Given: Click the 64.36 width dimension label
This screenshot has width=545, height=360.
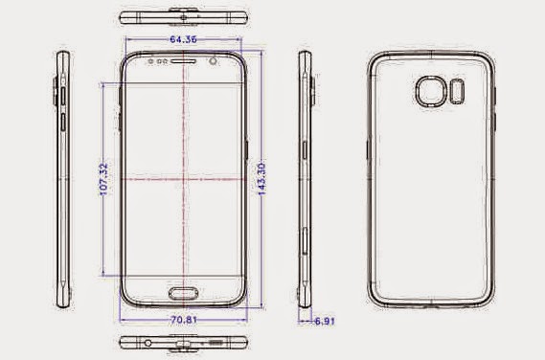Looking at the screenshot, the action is (183, 39).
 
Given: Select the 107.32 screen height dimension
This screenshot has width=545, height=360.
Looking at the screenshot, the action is (104, 179).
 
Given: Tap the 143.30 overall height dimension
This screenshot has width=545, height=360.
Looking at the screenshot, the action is (262, 179).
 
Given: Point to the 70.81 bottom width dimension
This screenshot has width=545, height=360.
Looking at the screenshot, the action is (184, 320).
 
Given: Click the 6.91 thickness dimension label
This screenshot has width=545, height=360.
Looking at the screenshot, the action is (325, 321).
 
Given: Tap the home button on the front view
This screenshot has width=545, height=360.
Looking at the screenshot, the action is (184, 293).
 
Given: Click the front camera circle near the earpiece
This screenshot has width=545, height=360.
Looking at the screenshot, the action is (214, 61).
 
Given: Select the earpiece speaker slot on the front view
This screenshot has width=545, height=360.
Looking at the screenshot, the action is (183, 61).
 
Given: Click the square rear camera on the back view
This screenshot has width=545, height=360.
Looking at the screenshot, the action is (431, 91).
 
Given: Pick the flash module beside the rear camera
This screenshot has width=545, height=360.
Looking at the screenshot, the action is (457, 91).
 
